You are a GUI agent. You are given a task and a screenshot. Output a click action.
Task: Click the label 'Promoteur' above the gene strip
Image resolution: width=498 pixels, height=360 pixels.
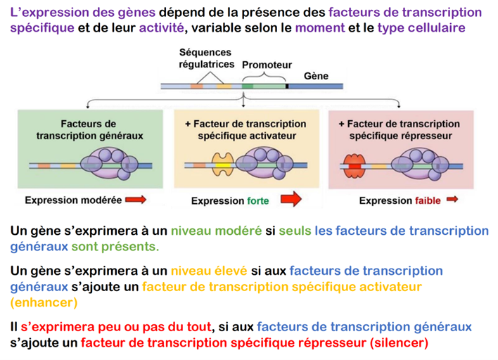tap(267, 65)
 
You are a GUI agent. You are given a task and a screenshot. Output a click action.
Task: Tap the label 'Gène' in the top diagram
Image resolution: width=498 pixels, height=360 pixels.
tap(316, 75)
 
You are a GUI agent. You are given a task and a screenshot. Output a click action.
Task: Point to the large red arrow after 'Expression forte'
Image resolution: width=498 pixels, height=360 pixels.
tap(286, 200)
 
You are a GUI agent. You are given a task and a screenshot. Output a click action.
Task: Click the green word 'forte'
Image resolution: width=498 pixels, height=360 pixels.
tap(257, 200)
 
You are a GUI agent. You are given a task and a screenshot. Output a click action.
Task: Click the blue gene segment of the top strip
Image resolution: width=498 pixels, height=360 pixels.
tap(317, 87)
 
